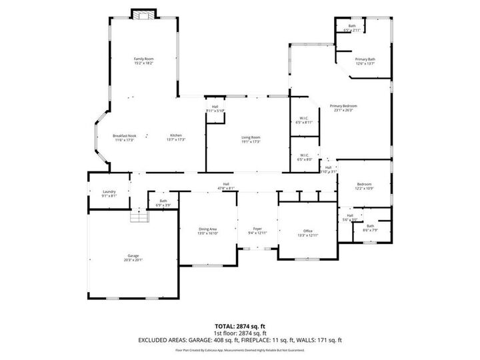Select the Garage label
point(133,257)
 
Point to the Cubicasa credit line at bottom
point(240,350)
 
